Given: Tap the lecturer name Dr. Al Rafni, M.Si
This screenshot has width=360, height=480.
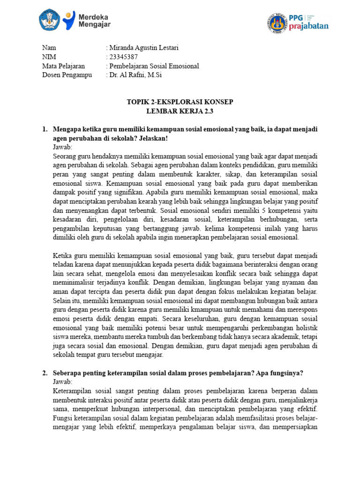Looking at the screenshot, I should tap(135, 75).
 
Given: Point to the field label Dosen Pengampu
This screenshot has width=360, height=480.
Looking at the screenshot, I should tap(67, 75).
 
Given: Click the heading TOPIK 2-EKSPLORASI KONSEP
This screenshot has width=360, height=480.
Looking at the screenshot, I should tap(180, 102).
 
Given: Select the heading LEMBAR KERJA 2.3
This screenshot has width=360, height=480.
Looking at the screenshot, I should tap(180, 111).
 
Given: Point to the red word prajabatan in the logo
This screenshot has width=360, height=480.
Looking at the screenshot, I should tap(309, 26).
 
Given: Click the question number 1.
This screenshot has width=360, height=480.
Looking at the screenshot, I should tap(45, 129).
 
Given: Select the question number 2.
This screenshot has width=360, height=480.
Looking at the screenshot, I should tap(45, 373).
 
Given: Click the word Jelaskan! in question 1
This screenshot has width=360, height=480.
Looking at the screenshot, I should tap(152, 138).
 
